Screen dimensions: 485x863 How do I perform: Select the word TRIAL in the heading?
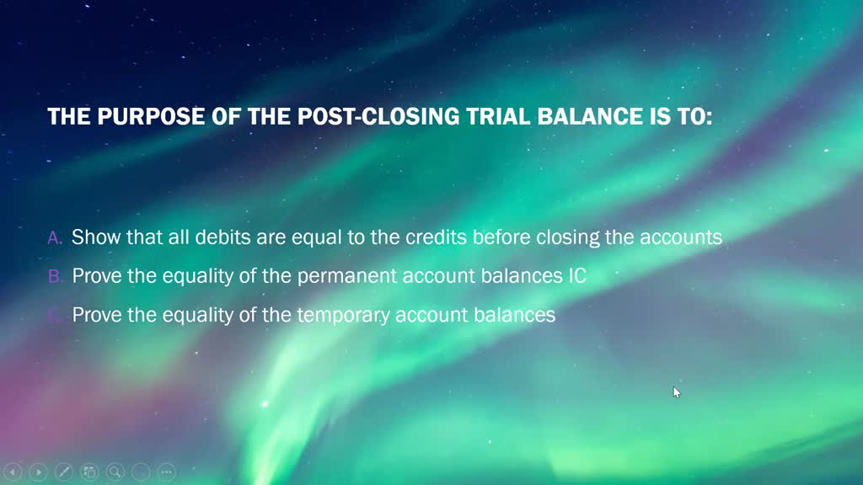pyautogui.click(x=500, y=117)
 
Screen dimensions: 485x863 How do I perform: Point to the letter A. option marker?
pyautogui.click(x=56, y=238)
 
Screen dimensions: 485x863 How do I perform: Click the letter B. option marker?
pyautogui.click(x=56, y=276)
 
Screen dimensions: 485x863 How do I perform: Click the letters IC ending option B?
pyautogui.click(x=576, y=275)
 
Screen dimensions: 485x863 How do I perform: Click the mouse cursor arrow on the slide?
pyautogui.click(x=676, y=392)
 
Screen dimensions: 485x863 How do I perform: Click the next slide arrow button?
pyautogui.click(x=38, y=472)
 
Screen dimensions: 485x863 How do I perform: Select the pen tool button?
pyautogui.click(x=64, y=472)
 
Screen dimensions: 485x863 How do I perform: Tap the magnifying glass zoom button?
pyautogui.click(x=115, y=472)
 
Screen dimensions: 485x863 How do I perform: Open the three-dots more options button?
pyautogui.click(x=166, y=472)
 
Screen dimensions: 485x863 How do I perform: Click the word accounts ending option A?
pyautogui.click(x=681, y=237)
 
